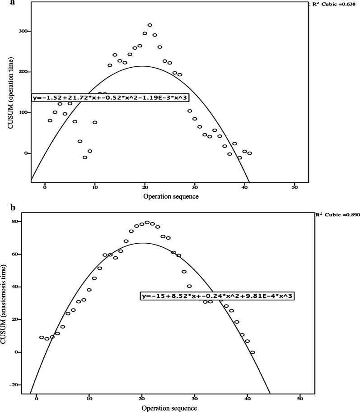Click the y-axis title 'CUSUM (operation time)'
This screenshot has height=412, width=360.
(10, 93)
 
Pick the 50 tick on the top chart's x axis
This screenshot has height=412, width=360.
(295, 188)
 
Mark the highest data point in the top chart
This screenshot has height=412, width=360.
(150, 25)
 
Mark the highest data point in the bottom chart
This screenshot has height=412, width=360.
(147, 222)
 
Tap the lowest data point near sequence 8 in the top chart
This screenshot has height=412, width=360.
(85, 157)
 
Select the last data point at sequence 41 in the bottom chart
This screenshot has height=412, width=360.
(252, 352)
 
